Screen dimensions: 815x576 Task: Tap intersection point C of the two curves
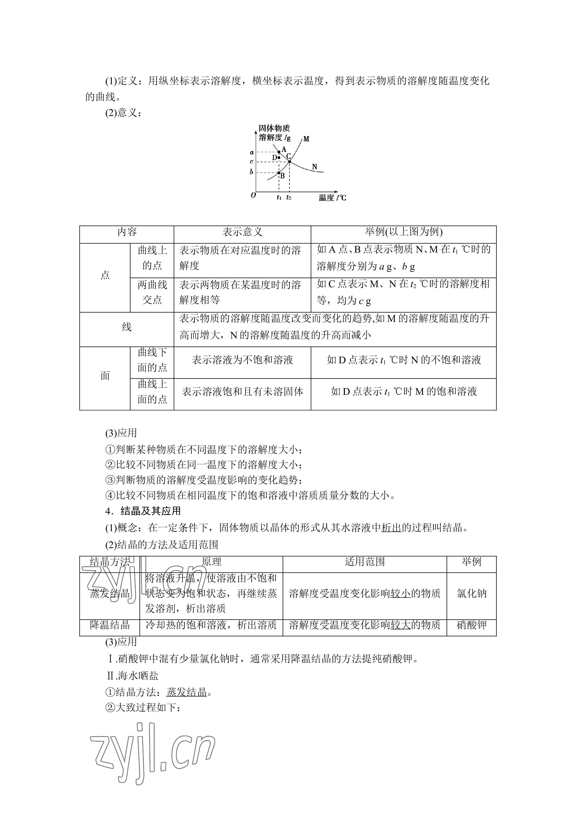tap(290, 161)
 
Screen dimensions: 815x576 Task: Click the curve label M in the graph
tap(307, 139)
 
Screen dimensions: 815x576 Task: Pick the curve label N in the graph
tap(314, 166)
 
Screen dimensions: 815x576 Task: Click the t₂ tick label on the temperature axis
tap(289, 198)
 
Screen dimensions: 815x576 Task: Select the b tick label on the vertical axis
tap(251, 172)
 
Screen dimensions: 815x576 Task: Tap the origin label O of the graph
tap(253, 195)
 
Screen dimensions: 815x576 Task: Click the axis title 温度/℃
tap(332, 198)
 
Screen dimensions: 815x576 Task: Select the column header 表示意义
tap(242, 232)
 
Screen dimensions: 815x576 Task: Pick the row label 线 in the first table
tap(127, 327)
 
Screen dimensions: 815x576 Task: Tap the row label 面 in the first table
tap(105, 376)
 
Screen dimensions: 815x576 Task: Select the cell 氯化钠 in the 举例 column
tap(472, 594)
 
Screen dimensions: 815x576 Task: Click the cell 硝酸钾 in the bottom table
tap(472, 625)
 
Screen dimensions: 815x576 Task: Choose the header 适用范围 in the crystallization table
tap(364, 562)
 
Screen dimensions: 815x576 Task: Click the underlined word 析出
tap(391, 528)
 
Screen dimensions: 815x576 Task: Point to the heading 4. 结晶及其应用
tap(143, 511)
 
